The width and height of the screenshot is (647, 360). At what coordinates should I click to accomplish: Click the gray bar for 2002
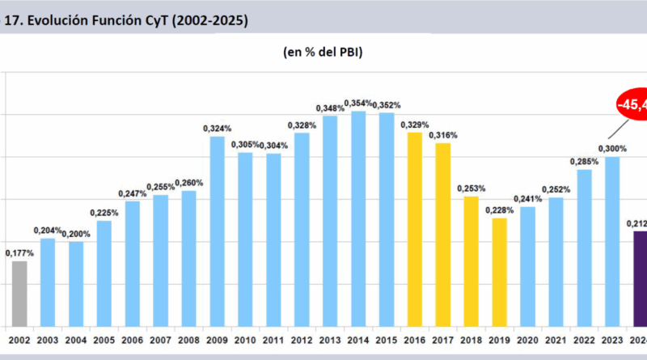pyautogui.click(x=19, y=293)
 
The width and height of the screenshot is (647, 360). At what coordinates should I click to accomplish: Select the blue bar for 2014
pyautogui.click(x=358, y=218)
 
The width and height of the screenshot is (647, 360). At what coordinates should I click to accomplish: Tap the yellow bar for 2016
pyautogui.click(x=414, y=229)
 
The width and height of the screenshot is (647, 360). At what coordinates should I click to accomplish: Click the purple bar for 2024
pyautogui.click(x=638, y=278)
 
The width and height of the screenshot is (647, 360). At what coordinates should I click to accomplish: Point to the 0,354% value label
pyautogui.click(x=358, y=103)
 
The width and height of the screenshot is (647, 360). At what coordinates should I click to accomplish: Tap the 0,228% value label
pyautogui.click(x=499, y=210)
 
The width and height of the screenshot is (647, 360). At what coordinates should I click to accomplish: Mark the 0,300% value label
pyautogui.click(x=612, y=148)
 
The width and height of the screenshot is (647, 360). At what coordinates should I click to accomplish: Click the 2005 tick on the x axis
pyautogui.click(x=104, y=340)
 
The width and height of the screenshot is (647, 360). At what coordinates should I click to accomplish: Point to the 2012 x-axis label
pyautogui.click(x=301, y=340)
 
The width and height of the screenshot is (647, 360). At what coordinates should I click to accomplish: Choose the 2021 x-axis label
pyautogui.click(x=556, y=340)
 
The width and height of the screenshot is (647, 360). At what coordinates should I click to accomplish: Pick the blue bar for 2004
pyautogui.click(x=76, y=283)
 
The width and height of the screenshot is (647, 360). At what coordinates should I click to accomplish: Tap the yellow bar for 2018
pyautogui.click(x=471, y=260)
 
